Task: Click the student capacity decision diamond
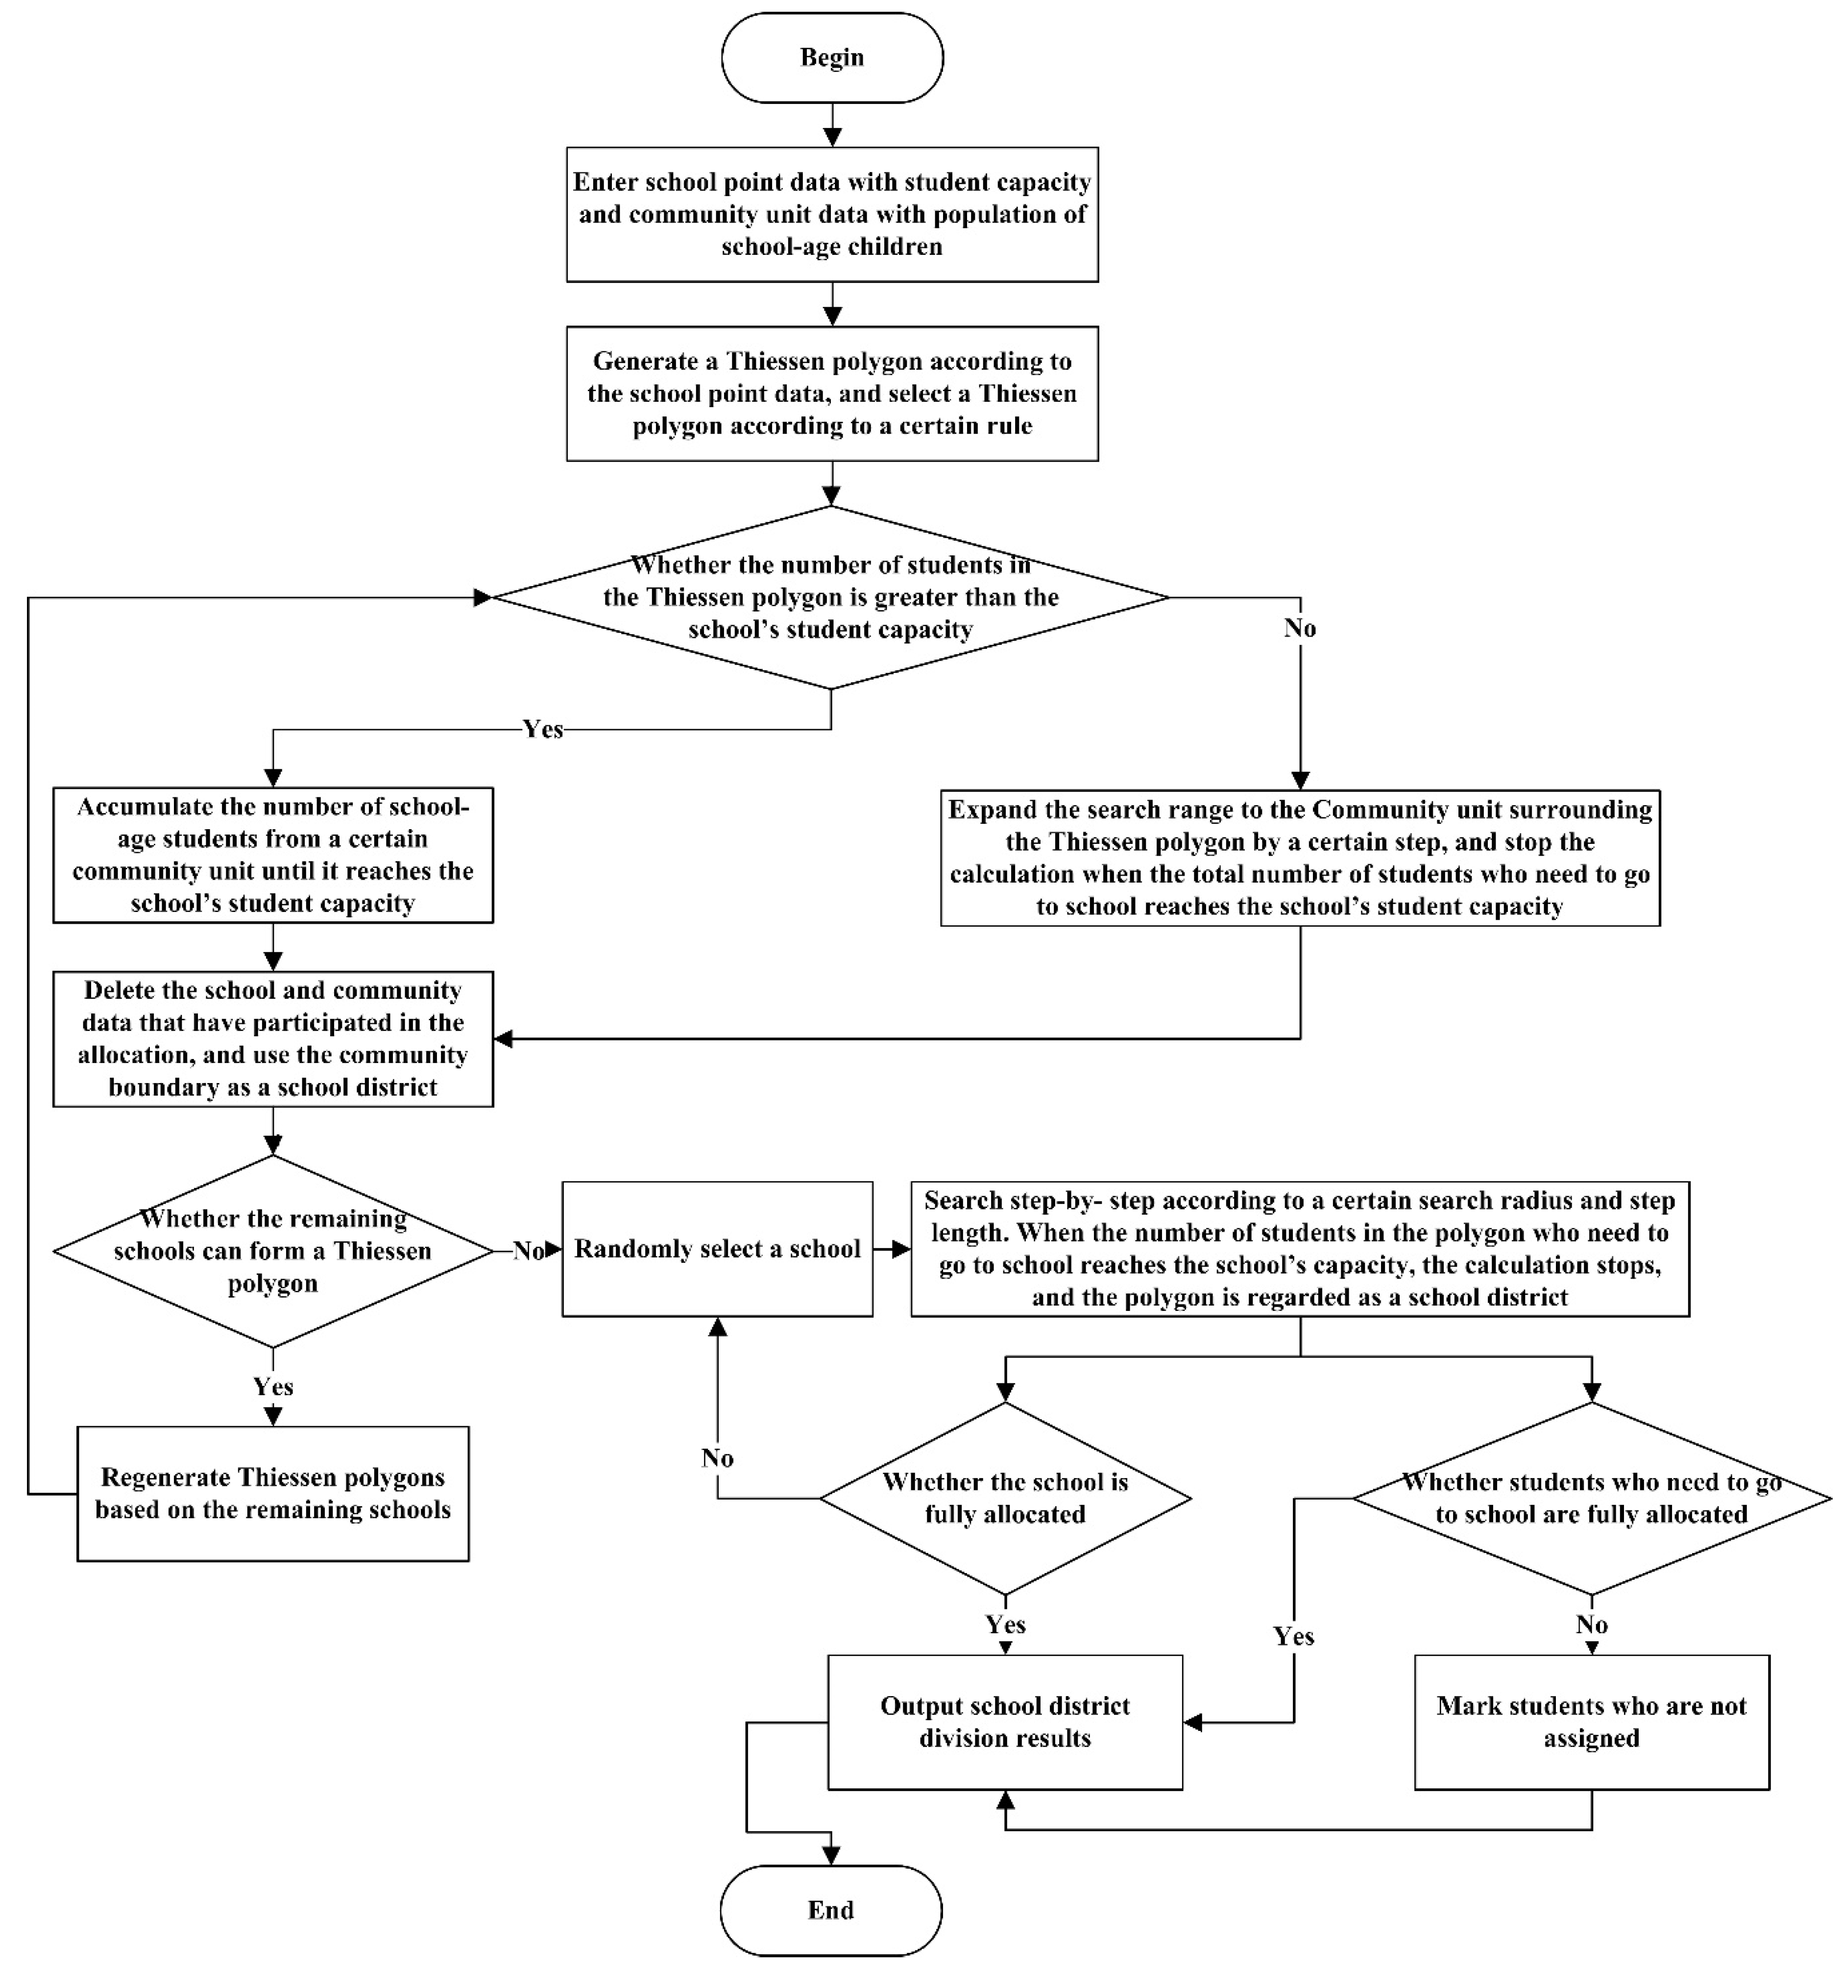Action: (x=831, y=597)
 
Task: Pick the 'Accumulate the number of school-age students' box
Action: (x=273, y=855)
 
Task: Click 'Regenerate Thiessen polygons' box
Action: (x=273, y=1493)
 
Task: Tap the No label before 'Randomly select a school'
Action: (x=528, y=1251)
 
